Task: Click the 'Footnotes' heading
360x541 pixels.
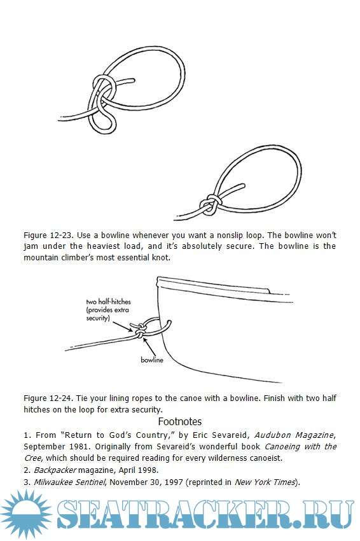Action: coord(179,421)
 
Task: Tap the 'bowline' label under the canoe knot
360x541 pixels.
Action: coord(152,360)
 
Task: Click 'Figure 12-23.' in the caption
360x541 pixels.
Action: coord(48,235)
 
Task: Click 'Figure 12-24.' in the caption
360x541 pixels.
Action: coord(48,398)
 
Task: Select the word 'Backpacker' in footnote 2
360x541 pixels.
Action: coord(55,470)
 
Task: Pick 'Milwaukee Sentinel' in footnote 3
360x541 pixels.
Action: coord(69,482)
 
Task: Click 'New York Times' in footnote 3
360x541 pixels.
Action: coord(265,482)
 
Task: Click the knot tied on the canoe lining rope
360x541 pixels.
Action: coord(140,330)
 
